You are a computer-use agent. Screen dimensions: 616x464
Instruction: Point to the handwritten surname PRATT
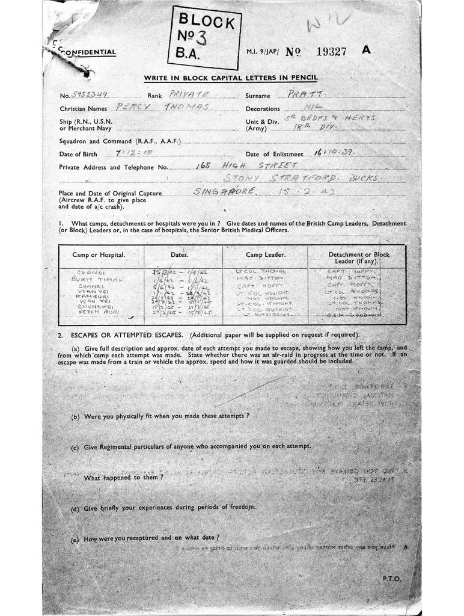(306, 94)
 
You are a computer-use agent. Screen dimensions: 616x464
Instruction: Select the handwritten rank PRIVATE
(189, 94)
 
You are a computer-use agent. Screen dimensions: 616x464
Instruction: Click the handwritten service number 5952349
(89, 95)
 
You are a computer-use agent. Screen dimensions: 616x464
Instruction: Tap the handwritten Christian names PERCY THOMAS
(163, 107)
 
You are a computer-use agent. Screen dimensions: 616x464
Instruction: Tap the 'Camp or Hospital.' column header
(99, 255)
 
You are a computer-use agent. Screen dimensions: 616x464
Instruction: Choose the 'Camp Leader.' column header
(265, 255)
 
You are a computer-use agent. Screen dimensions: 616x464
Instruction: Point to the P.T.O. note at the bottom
(391, 578)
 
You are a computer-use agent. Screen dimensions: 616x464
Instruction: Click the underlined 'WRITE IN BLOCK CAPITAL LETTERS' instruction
(230, 78)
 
